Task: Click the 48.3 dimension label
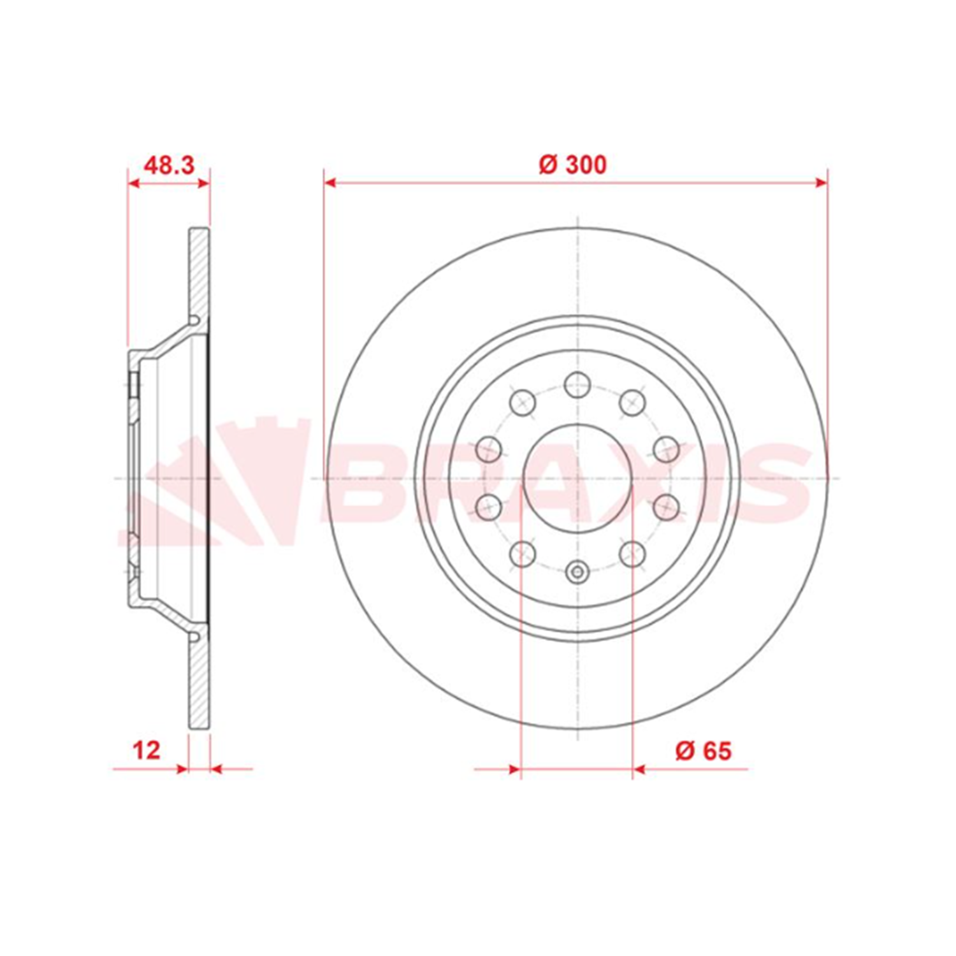click(169, 166)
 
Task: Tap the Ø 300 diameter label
click(573, 165)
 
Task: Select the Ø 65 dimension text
click(704, 751)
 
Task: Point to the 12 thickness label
click(147, 750)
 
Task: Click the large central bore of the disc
click(577, 478)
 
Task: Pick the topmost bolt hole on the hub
click(577, 384)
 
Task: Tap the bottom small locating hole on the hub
click(577, 572)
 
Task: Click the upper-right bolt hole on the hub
click(632, 402)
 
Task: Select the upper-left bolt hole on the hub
click(523, 402)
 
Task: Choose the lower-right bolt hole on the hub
click(632, 554)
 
